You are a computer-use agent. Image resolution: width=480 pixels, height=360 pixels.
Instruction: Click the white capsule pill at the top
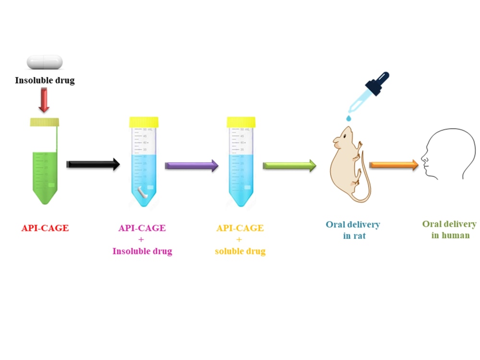(x=45, y=62)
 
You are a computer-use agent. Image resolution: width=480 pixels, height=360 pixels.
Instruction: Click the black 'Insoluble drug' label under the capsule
(x=45, y=80)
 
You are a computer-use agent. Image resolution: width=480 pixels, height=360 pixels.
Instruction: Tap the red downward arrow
(x=44, y=100)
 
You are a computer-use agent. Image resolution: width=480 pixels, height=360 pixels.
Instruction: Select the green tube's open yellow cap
(x=44, y=122)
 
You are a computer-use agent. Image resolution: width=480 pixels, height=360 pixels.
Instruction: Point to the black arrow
(x=93, y=164)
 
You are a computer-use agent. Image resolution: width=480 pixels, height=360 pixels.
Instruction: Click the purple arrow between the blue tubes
(x=192, y=166)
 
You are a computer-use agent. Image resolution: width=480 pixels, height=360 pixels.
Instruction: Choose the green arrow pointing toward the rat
(x=289, y=166)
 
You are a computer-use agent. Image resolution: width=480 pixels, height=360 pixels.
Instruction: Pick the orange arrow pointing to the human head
(x=394, y=165)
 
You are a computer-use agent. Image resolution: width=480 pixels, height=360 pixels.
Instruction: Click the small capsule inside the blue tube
(x=143, y=192)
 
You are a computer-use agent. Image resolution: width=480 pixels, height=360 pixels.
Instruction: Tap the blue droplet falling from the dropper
(x=348, y=118)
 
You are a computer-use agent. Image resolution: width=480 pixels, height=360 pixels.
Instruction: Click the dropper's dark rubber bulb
(x=379, y=83)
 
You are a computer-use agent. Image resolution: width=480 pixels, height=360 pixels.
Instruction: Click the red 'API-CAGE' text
(x=45, y=228)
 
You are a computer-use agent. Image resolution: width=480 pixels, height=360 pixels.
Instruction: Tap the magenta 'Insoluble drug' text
(x=143, y=252)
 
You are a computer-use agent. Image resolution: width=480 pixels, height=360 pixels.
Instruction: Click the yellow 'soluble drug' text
(x=240, y=252)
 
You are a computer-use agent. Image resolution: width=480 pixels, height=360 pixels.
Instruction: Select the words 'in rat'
(x=355, y=236)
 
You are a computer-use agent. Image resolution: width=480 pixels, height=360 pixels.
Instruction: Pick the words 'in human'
(x=451, y=235)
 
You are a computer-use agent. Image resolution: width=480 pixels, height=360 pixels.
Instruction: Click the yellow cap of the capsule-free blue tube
(x=241, y=122)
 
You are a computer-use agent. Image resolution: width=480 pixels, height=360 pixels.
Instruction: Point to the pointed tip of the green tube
(x=45, y=203)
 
